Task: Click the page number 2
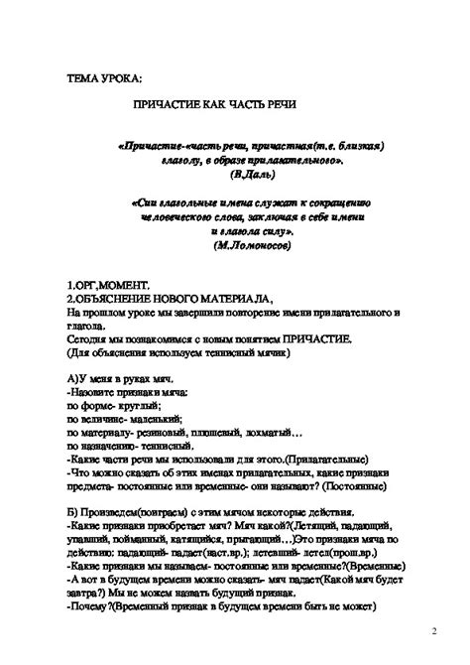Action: (x=433, y=629)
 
